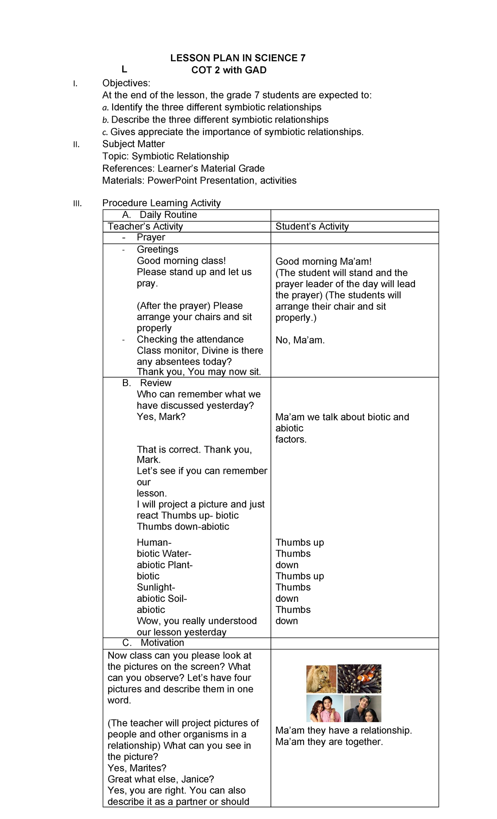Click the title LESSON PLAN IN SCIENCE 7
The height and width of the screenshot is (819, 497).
click(x=238, y=58)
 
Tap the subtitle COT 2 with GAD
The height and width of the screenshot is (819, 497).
click(x=229, y=70)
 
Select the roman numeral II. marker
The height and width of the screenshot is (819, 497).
click(x=76, y=145)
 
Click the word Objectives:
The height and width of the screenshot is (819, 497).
click(x=126, y=83)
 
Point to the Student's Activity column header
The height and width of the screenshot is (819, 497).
click(x=312, y=226)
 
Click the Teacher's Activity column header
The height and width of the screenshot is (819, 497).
click(x=145, y=226)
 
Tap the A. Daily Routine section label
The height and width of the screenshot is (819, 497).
click(x=159, y=215)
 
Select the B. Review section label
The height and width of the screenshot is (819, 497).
click(x=147, y=383)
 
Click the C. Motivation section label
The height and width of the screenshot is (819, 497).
click(x=153, y=643)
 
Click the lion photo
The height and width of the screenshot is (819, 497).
click(x=321, y=679)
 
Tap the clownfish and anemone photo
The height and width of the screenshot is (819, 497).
click(x=359, y=679)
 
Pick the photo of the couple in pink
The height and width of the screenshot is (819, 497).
click(x=324, y=709)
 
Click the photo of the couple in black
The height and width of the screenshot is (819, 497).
click(x=362, y=709)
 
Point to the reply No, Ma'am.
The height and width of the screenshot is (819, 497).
click(x=300, y=340)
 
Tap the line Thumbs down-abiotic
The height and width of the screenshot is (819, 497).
click(x=183, y=527)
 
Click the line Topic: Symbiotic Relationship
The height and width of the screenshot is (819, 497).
click(x=165, y=156)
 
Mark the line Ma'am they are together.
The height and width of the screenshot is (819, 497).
click(x=329, y=741)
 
